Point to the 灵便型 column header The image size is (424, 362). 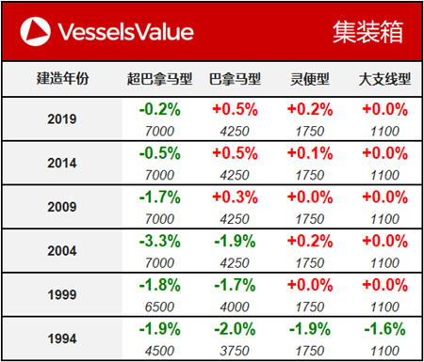pyautogui.click(x=308, y=79)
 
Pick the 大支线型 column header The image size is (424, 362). pyautogui.click(x=383, y=79)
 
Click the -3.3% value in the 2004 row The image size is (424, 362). pyautogui.click(x=157, y=240)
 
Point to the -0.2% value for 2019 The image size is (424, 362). pyautogui.click(x=157, y=110)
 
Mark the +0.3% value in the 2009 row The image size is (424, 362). pyautogui.click(x=233, y=197)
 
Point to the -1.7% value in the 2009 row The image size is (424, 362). pyautogui.click(x=157, y=197)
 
